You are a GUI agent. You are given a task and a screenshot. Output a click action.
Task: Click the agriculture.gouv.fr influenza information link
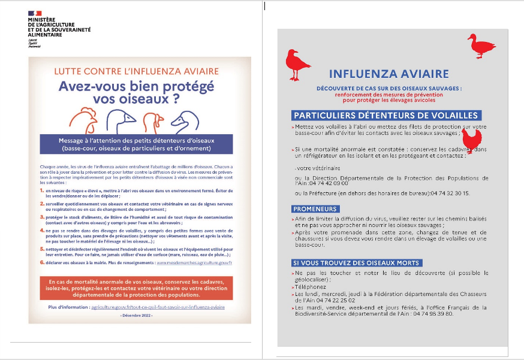(158, 307)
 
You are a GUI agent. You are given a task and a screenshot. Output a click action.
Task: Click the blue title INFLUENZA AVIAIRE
(389, 74)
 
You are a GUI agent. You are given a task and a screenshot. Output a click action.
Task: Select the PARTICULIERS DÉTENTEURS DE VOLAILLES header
(386, 116)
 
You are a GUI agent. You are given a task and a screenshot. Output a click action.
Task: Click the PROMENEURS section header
(315, 209)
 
